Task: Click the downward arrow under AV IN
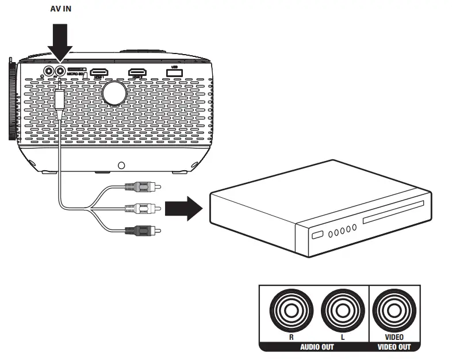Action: pos(60,41)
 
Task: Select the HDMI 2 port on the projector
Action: pos(137,72)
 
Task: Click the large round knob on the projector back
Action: pos(114,91)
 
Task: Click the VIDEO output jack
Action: pos(393,311)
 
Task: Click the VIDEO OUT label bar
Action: pos(393,347)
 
